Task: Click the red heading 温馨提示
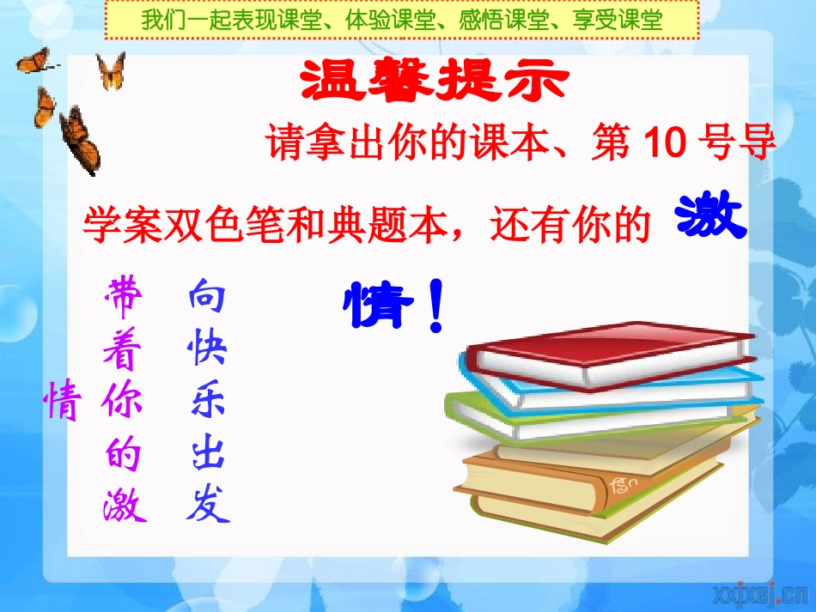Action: (435, 82)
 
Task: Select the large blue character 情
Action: (375, 307)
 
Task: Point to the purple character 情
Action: (62, 401)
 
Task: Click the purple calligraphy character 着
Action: (124, 349)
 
